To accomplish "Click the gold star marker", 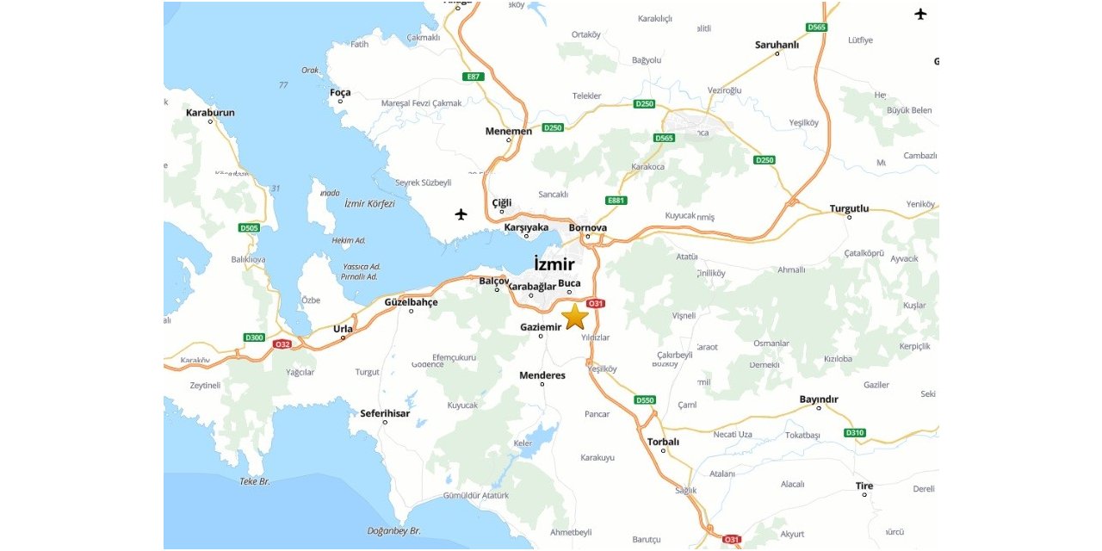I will (x=575, y=317).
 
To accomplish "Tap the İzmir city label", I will (x=554, y=264).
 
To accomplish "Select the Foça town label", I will (x=340, y=93).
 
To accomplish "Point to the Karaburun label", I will (x=210, y=113).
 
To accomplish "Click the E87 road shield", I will (x=473, y=77).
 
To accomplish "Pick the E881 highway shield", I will (x=616, y=201).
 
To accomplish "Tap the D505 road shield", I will (x=249, y=227).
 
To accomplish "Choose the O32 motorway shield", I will (x=282, y=344).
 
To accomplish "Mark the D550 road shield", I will (x=645, y=400).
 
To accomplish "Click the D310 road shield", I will (x=854, y=433).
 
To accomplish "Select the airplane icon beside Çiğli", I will (x=461, y=214).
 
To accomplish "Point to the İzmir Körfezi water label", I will (x=368, y=204).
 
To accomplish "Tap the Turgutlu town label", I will (x=849, y=208).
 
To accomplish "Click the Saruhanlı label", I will (x=777, y=45).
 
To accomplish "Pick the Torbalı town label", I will (x=663, y=442).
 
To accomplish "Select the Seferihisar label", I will (x=385, y=414).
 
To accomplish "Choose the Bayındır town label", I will (x=818, y=399).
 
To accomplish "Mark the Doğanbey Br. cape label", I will (x=393, y=531).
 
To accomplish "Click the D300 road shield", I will (x=254, y=337).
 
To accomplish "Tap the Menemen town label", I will (x=508, y=132).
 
